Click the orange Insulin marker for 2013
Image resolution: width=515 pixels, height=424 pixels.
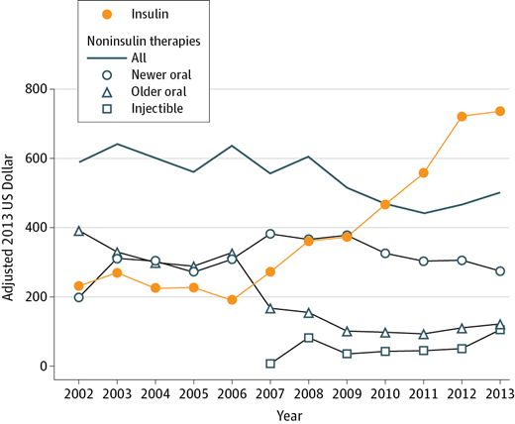point(500,111)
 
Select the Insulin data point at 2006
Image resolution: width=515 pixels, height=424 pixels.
point(232,299)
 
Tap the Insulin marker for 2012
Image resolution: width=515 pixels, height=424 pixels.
point(462,116)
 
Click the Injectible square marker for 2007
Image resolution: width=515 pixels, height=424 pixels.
point(270,364)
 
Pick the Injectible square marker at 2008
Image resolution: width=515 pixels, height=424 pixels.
point(309,338)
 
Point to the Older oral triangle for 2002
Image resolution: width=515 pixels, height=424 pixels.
point(79,231)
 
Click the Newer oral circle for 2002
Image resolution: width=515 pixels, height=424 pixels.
point(79,297)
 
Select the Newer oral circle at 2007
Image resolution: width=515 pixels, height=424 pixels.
point(270,234)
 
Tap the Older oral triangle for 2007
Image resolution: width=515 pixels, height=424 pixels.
point(270,308)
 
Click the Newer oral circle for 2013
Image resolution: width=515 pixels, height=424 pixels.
point(500,270)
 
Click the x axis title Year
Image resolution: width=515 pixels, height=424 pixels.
point(289,414)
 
